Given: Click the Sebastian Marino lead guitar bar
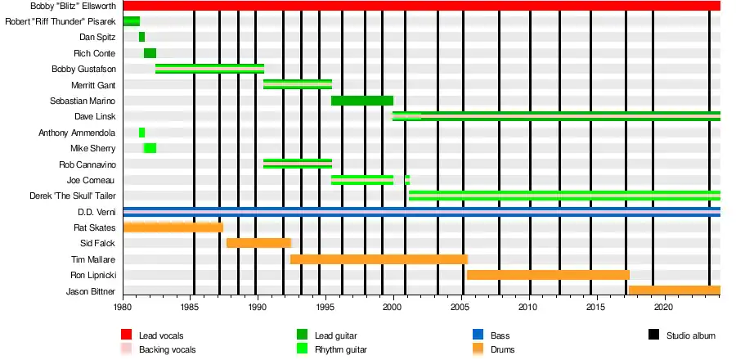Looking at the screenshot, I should (361, 101).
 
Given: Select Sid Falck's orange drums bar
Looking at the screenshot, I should (258, 243).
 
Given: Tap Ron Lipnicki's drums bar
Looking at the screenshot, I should (547, 275).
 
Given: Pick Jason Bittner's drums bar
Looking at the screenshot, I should (674, 290).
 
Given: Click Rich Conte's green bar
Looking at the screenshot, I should (150, 53).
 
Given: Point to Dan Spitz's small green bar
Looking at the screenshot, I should (141, 37).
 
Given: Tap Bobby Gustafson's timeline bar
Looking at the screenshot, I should (209, 69).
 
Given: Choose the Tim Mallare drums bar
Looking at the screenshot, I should (379, 259).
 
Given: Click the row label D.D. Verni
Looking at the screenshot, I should (101, 212).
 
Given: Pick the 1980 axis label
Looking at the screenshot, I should (123, 307).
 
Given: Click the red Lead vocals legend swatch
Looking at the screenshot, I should (126, 335).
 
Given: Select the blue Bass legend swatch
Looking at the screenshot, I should (478, 335).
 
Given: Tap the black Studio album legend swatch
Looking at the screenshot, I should (653, 335).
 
